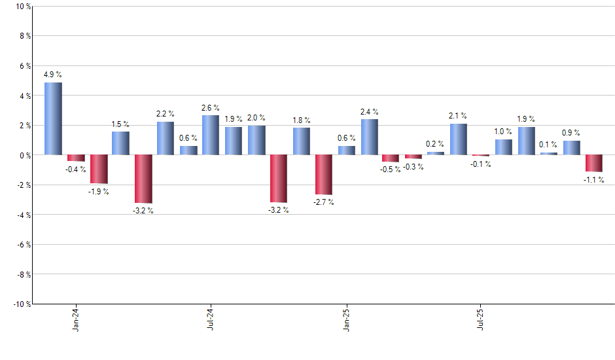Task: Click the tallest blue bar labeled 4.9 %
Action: click(x=53, y=118)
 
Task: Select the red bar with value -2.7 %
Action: click(x=324, y=175)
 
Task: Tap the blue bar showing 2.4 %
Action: click(x=369, y=137)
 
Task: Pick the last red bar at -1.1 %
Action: click(x=594, y=163)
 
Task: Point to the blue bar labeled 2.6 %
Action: click(x=211, y=135)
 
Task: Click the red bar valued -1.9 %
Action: click(x=98, y=169)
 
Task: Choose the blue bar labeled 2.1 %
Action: click(x=459, y=139)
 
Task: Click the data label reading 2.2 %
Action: click(x=165, y=114)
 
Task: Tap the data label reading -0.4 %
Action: click(x=75, y=170)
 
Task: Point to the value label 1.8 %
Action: click(x=301, y=120)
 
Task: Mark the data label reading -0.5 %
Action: click(x=391, y=170)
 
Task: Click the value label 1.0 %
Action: click(x=504, y=132)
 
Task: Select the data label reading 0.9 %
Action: click(x=572, y=133)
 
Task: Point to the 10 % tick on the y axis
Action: click(x=22, y=7)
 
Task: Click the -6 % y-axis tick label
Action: click(x=22, y=244)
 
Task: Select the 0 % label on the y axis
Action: click(x=24, y=155)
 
